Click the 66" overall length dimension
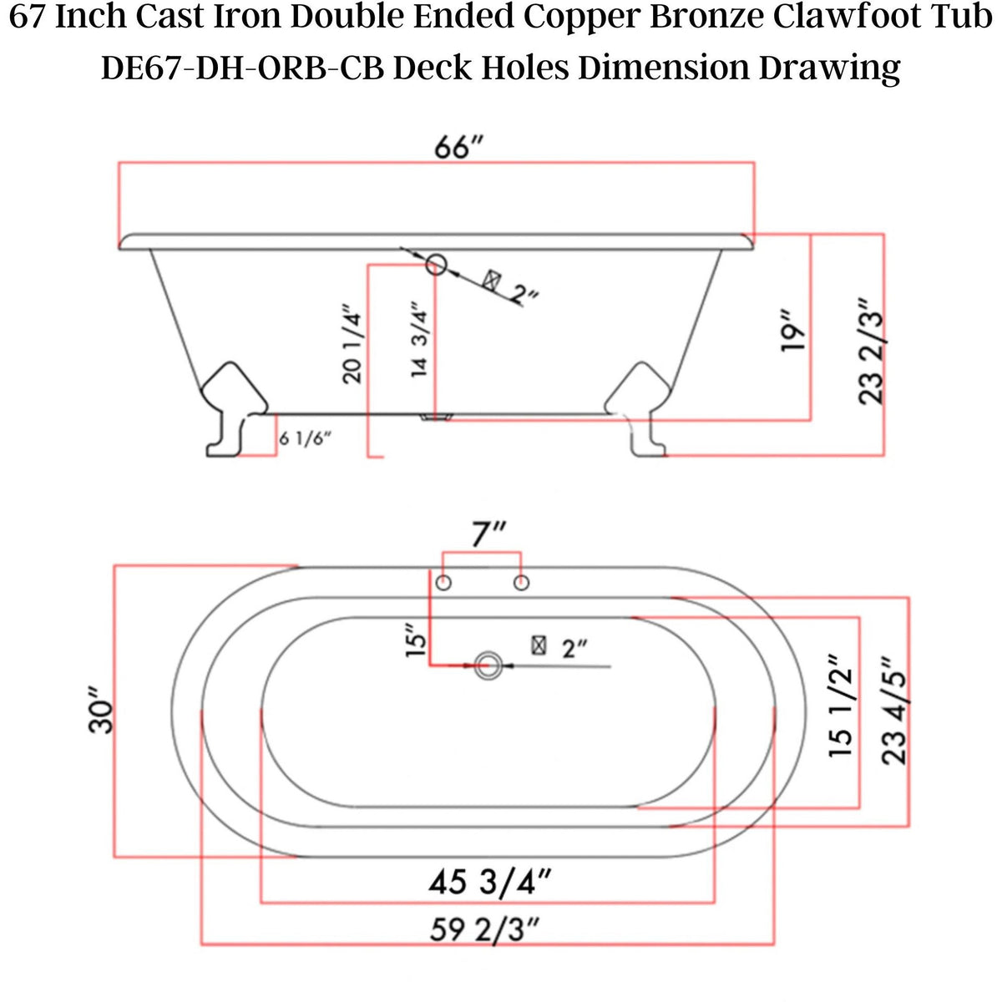click(x=458, y=148)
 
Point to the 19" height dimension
click(x=792, y=331)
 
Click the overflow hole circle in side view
click(x=436, y=266)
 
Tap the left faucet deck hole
click(x=444, y=582)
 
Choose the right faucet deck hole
click(x=521, y=582)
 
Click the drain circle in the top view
click(x=488, y=665)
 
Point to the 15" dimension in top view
click(x=416, y=641)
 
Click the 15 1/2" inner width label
click(x=842, y=712)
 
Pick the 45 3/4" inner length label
click(x=488, y=882)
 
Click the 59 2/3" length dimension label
click(x=485, y=929)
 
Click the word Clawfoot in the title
click(x=846, y=18)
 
